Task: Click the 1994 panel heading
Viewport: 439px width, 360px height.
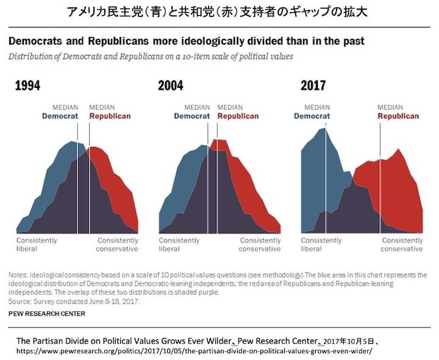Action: pos(27,85)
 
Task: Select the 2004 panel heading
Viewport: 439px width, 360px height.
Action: pos(170,85)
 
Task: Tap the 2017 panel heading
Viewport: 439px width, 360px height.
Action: pos(313,85)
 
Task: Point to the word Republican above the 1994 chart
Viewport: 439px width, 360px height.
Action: pos(110,116)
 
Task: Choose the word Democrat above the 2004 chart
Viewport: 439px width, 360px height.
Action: pos(192,116)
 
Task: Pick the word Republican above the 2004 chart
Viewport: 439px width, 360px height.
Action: pos(238,116)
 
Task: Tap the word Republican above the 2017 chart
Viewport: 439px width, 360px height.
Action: pos(398,116)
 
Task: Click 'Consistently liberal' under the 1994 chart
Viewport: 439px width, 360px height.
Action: pos(37,244)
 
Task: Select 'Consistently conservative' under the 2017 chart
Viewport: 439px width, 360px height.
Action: pos(402,244)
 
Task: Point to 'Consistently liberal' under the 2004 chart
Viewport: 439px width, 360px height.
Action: pos(179,244)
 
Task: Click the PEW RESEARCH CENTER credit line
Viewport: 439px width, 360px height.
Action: pos(47,314)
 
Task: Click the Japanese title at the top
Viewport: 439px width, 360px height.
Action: pos(220,12)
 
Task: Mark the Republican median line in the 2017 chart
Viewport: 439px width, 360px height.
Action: pos(380,177)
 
